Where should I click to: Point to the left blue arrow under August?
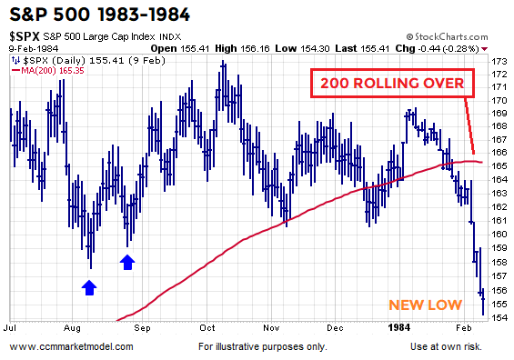point(88,287)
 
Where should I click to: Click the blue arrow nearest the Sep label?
point(127,262)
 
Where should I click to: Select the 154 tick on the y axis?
point(500,318)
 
